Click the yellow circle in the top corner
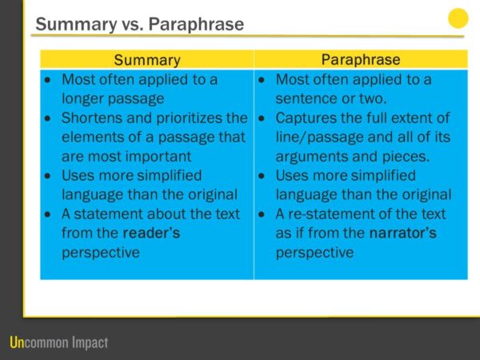click(458, 18)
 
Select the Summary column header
click(147, 60)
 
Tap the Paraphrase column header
click(361, 60)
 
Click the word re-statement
click(327, 214)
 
